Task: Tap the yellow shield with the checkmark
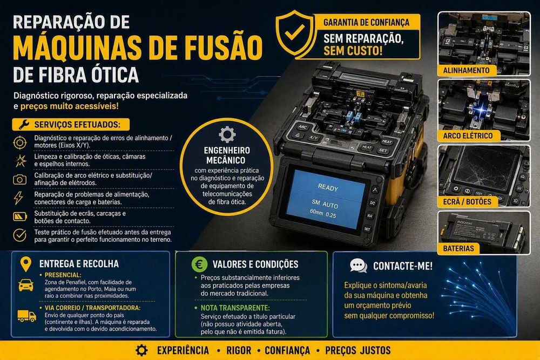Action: [x=295, y=34]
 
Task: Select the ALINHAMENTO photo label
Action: [x=466, y=70]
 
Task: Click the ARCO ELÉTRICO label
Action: [x=467, y=135]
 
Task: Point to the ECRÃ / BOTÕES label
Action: [x=467, y=202]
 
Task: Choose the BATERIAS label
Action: [x=458, y=248]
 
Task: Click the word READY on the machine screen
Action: [x=328, y=188]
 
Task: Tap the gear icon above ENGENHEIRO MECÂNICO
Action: [x=227, y=134]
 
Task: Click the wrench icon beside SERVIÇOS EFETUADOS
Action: [x=24, y=124]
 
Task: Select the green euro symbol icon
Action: [x=199, y=264]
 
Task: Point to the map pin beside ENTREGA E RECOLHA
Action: [x=26, y=264]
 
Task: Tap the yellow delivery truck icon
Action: [x=27, y=316]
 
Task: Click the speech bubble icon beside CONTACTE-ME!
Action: [x=358, y=266]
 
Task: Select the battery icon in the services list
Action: [x=20, y=216]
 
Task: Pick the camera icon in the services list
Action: [x=19, y=179]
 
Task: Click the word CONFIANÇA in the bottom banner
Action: [x=287, y=351]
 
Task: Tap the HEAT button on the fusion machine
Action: [x=387, y=141]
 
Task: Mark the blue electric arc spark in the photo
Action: [x=479, y=110]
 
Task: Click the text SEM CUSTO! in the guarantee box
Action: [x=353, y=51]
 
